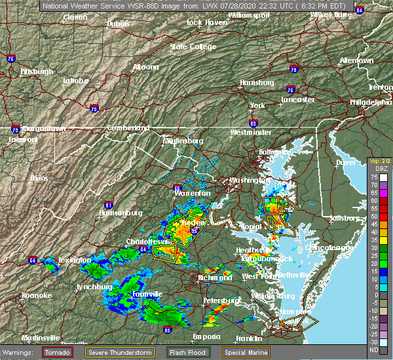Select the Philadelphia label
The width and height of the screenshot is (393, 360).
tap(371, 102)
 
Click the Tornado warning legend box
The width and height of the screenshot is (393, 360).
tap(57, 352)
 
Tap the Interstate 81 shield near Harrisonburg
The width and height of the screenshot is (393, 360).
tap(109, 206)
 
